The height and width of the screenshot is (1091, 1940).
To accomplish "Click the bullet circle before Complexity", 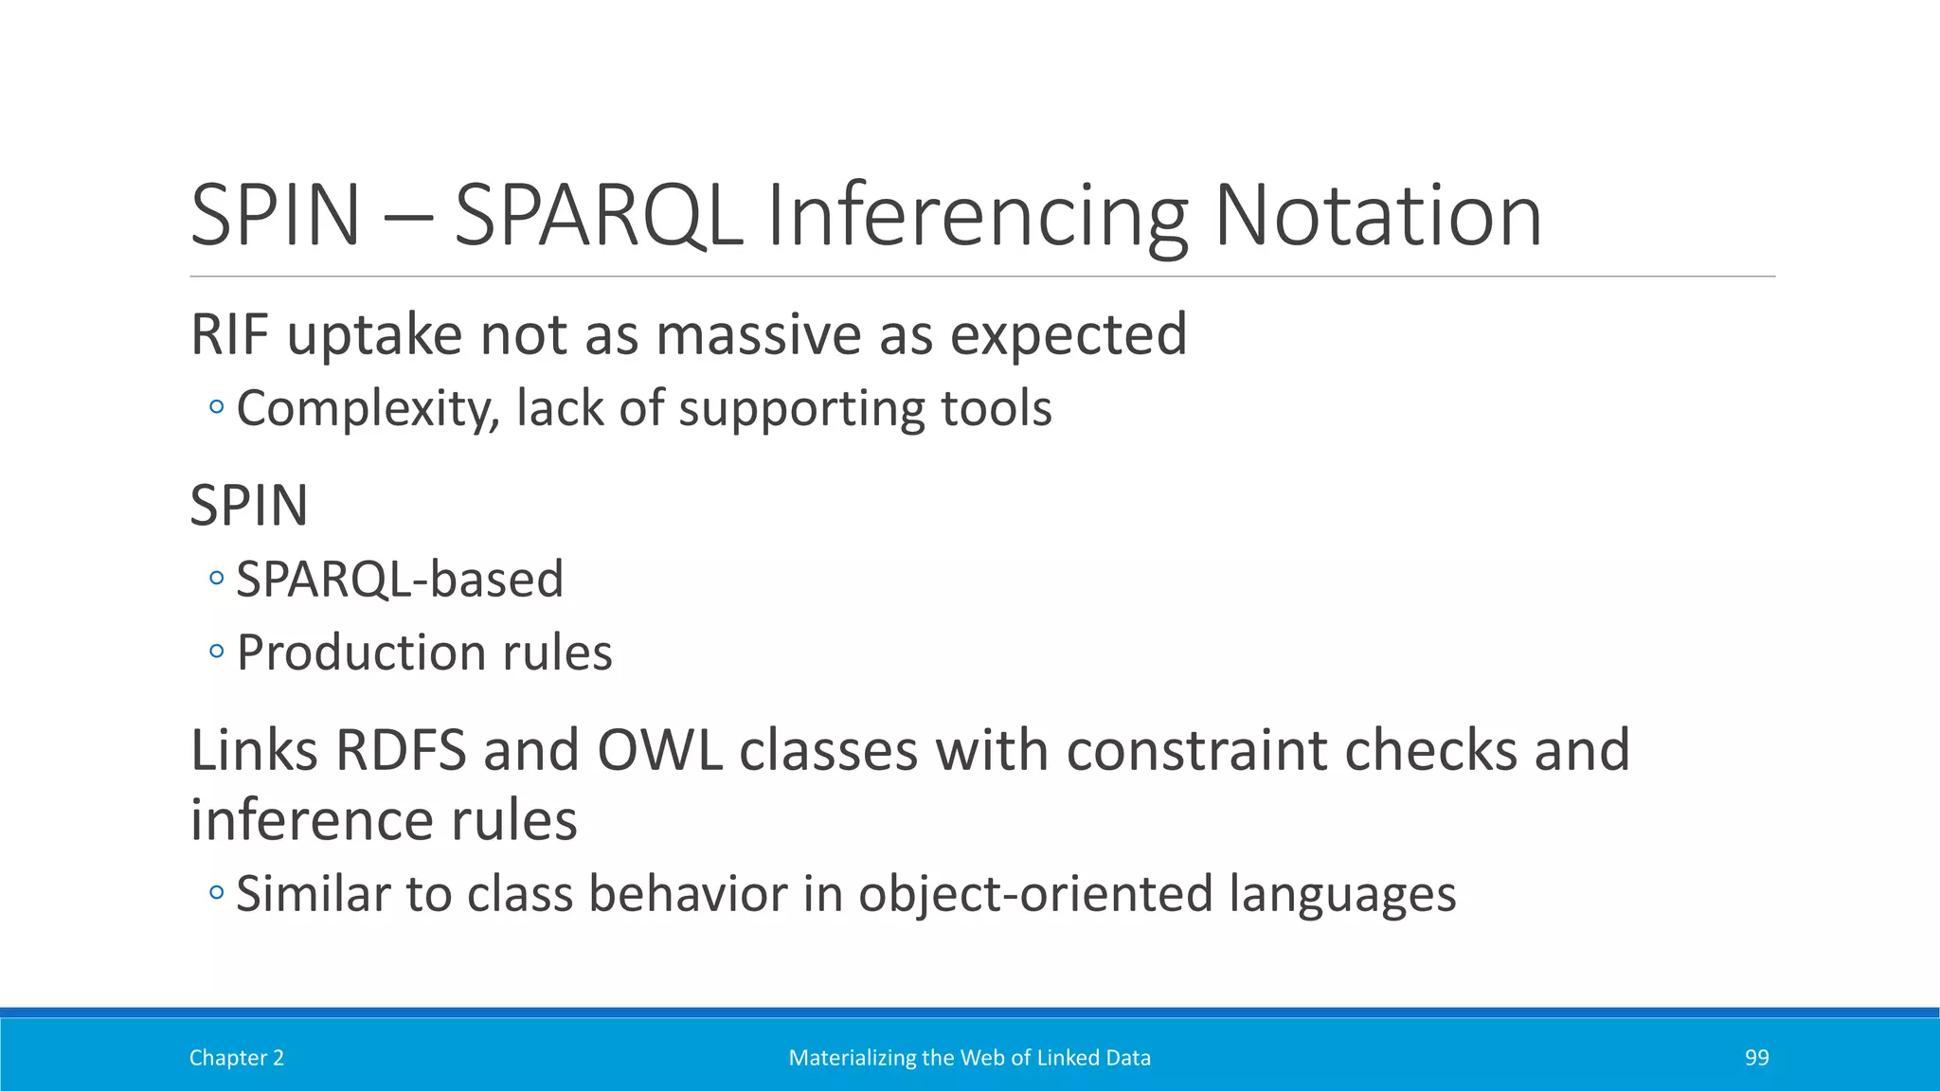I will pos(217,408).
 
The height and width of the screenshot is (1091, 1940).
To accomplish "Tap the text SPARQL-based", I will pos(400,579).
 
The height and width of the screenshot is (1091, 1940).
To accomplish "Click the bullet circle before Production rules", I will pos(217,652).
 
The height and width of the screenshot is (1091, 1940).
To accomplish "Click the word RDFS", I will pos(401,750).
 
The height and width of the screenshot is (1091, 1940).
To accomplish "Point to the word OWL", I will pos(659,750).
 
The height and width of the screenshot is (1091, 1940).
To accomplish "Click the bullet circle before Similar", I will pos(217,892).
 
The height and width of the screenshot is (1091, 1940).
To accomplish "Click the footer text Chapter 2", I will pos(237,1058).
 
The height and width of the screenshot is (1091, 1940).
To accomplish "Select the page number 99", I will pos(1756,1058).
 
